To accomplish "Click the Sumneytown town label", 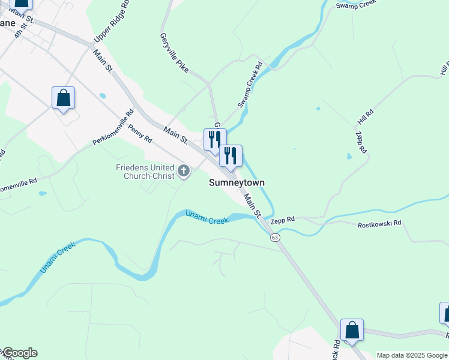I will coord(237,182).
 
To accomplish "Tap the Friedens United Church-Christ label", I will coord(145,172).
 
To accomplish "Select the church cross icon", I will coord(184,172).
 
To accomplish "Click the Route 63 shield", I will coord(275,238).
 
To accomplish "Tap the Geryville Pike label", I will coord(174,53).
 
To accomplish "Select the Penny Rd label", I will coord(140,134).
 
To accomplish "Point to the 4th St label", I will coord(22,31).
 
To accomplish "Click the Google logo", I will coord(19,353).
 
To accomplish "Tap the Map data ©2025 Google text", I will coord(412,355).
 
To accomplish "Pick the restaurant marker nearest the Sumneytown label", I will coord(231,157).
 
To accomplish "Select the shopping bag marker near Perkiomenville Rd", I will coord(63,98).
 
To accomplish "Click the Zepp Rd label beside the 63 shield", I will coord(283,220).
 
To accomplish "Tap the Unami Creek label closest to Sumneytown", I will coord(207,217).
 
